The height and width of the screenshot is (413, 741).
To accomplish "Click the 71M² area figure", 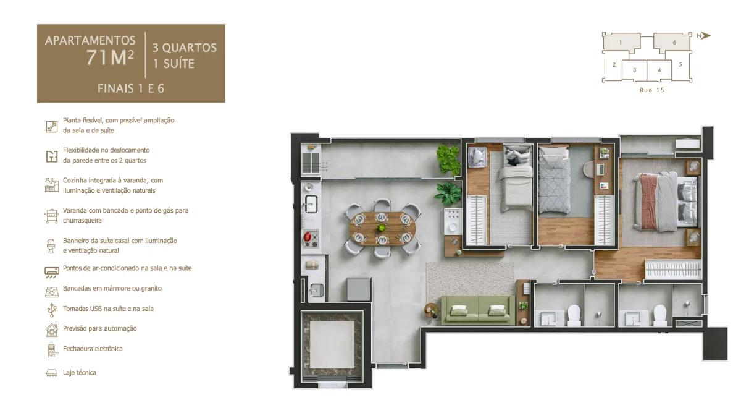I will click(111, 57).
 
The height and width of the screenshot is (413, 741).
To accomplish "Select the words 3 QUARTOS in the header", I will click(180, 48).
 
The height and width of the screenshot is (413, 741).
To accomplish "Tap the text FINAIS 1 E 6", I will click(131, 88).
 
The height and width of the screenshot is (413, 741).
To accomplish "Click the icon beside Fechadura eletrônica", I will click(52, 350).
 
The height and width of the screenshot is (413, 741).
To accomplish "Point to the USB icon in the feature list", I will click(52, 309).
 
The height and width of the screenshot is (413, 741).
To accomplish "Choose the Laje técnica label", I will click(80, 373).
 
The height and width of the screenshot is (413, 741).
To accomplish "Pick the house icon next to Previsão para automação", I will click(52, 330).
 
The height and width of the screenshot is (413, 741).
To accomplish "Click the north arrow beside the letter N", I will click(706, 35).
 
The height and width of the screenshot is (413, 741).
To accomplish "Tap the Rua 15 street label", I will click(652, 90).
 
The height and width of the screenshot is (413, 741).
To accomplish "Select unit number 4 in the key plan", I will click(659, 70).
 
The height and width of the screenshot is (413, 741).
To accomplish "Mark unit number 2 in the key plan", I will click(614, 64).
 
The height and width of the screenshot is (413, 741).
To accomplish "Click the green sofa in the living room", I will click(477, 309).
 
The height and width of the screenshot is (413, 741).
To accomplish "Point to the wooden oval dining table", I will click(382, 227).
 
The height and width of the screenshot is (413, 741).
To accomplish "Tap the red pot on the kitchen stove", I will click(307, 235).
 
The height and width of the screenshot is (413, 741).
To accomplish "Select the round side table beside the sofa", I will click(430, 312).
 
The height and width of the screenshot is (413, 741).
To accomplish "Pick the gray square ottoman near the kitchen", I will click(358, 289).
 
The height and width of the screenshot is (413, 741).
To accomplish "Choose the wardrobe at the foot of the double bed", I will click(673, 270).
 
